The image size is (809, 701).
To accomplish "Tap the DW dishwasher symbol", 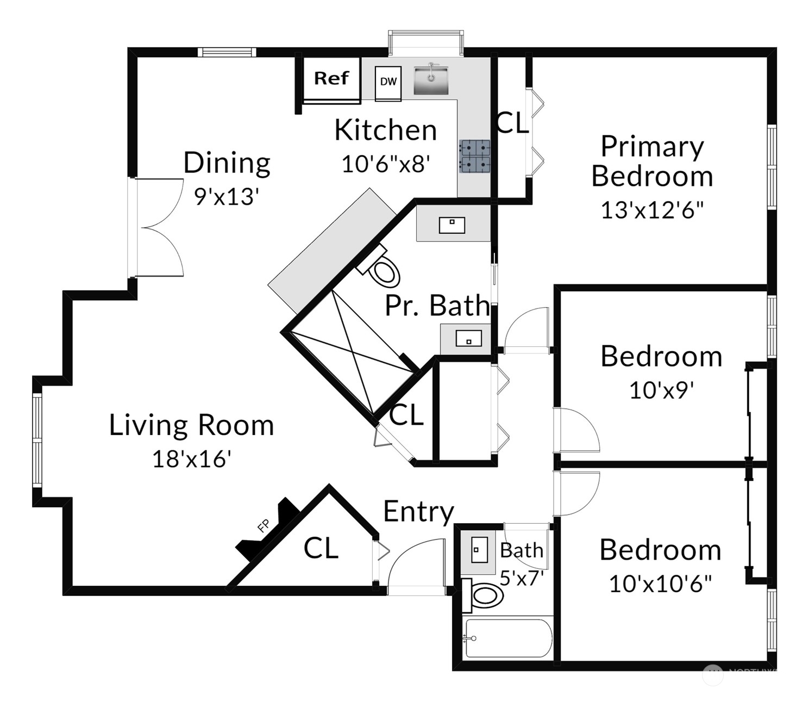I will click(x=388, y=83).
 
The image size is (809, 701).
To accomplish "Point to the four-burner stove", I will click(x=475, y=157).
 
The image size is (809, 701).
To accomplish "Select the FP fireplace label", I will click(x=264, y=526).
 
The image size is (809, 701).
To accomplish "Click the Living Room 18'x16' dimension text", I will click(x=191, y=460).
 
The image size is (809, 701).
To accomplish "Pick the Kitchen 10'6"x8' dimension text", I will click(x=386, y=164).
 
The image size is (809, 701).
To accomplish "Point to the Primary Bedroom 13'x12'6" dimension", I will click(x=652, y=210).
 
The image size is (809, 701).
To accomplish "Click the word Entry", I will click(x=418, y=512).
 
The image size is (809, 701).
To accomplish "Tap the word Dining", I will click(x=227, y=163).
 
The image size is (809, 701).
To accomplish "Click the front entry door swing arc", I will click(x=416, y=563).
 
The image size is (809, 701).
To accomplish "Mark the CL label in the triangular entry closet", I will click(x=321, y=548).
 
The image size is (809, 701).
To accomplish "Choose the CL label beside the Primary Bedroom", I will click(x=512, y=123).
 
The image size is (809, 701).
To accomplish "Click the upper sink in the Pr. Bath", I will click(x=452, y=225).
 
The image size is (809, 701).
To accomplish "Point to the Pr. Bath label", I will click(x=437, y=306).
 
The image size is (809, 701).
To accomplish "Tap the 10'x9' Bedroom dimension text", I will click(x=661, y=390).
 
